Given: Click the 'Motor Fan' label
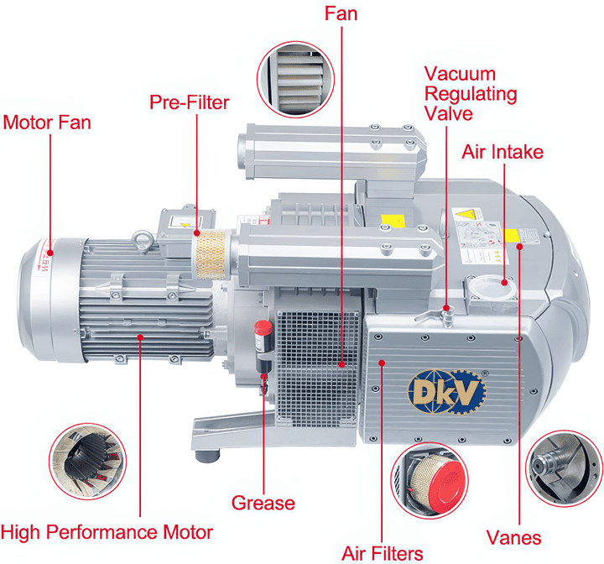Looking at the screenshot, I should (47, 123).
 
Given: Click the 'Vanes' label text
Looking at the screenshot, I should (514, 538).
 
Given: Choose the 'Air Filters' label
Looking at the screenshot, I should (383, 552).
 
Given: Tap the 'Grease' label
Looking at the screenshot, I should (263, 503).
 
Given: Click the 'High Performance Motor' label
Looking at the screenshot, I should (107, 532).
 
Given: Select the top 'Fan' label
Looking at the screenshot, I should (342, 13).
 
